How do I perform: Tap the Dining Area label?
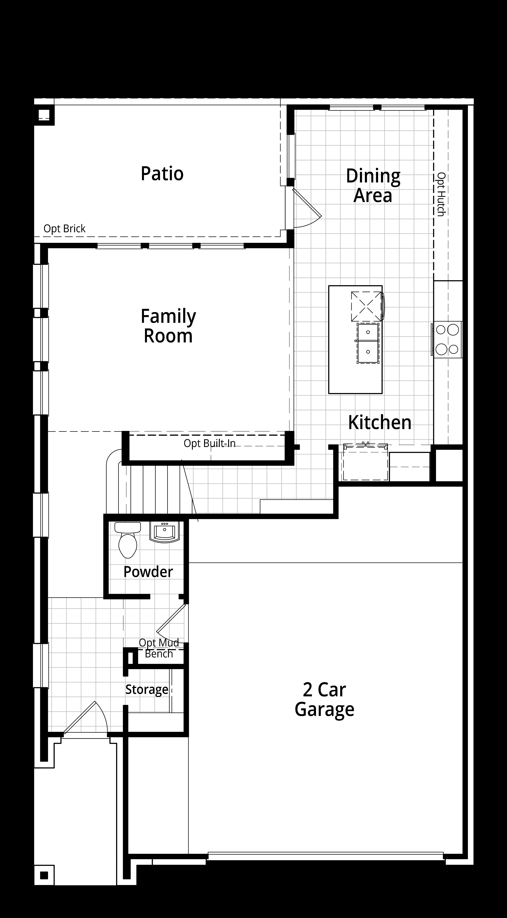click(x=373, y=186)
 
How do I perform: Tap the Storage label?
click(x=147, y=690)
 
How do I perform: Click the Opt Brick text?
click(x=65, y=228)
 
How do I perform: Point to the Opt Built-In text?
click(x=210, y=443)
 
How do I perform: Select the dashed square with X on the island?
click(x=366, y=306)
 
